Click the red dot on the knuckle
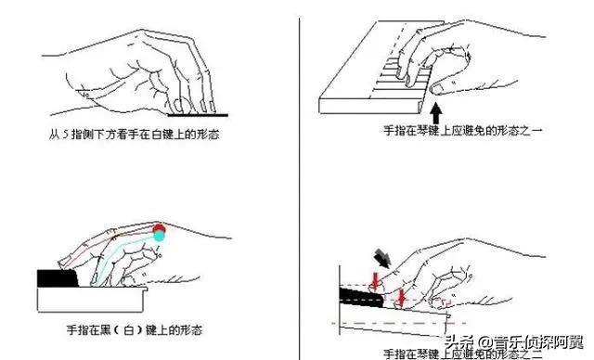point(159,228)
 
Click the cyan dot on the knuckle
point(159,238)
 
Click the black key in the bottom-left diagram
point(60,277)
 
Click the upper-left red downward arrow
point(373,277)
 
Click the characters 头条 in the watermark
point(464,341)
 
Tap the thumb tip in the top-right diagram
point(436,91)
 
